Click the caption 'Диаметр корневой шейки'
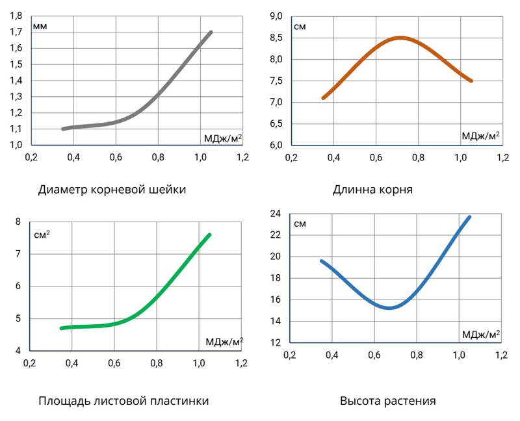(x=112, y=190)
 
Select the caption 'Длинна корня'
(x=372, y=190)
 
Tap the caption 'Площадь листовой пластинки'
(x=123, y=401)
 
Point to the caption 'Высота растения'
(x=387, y=401)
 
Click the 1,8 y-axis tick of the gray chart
(x=16, y=16)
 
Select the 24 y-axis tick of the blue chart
(x=275, y=214)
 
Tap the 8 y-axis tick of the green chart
(x=18, y=222)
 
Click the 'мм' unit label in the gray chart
(x=41, y=27)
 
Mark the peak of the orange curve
(x=400, y=38)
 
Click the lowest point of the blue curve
(x=389, y=307)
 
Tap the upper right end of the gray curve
(x=211, y=32)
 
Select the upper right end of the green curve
(x=209, y=235)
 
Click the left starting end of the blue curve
(x=321, y=261)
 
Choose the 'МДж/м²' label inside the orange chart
(x=480, y=136)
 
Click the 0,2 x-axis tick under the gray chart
(x=31, y=157)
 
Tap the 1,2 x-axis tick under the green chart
(x=241, y=363)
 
